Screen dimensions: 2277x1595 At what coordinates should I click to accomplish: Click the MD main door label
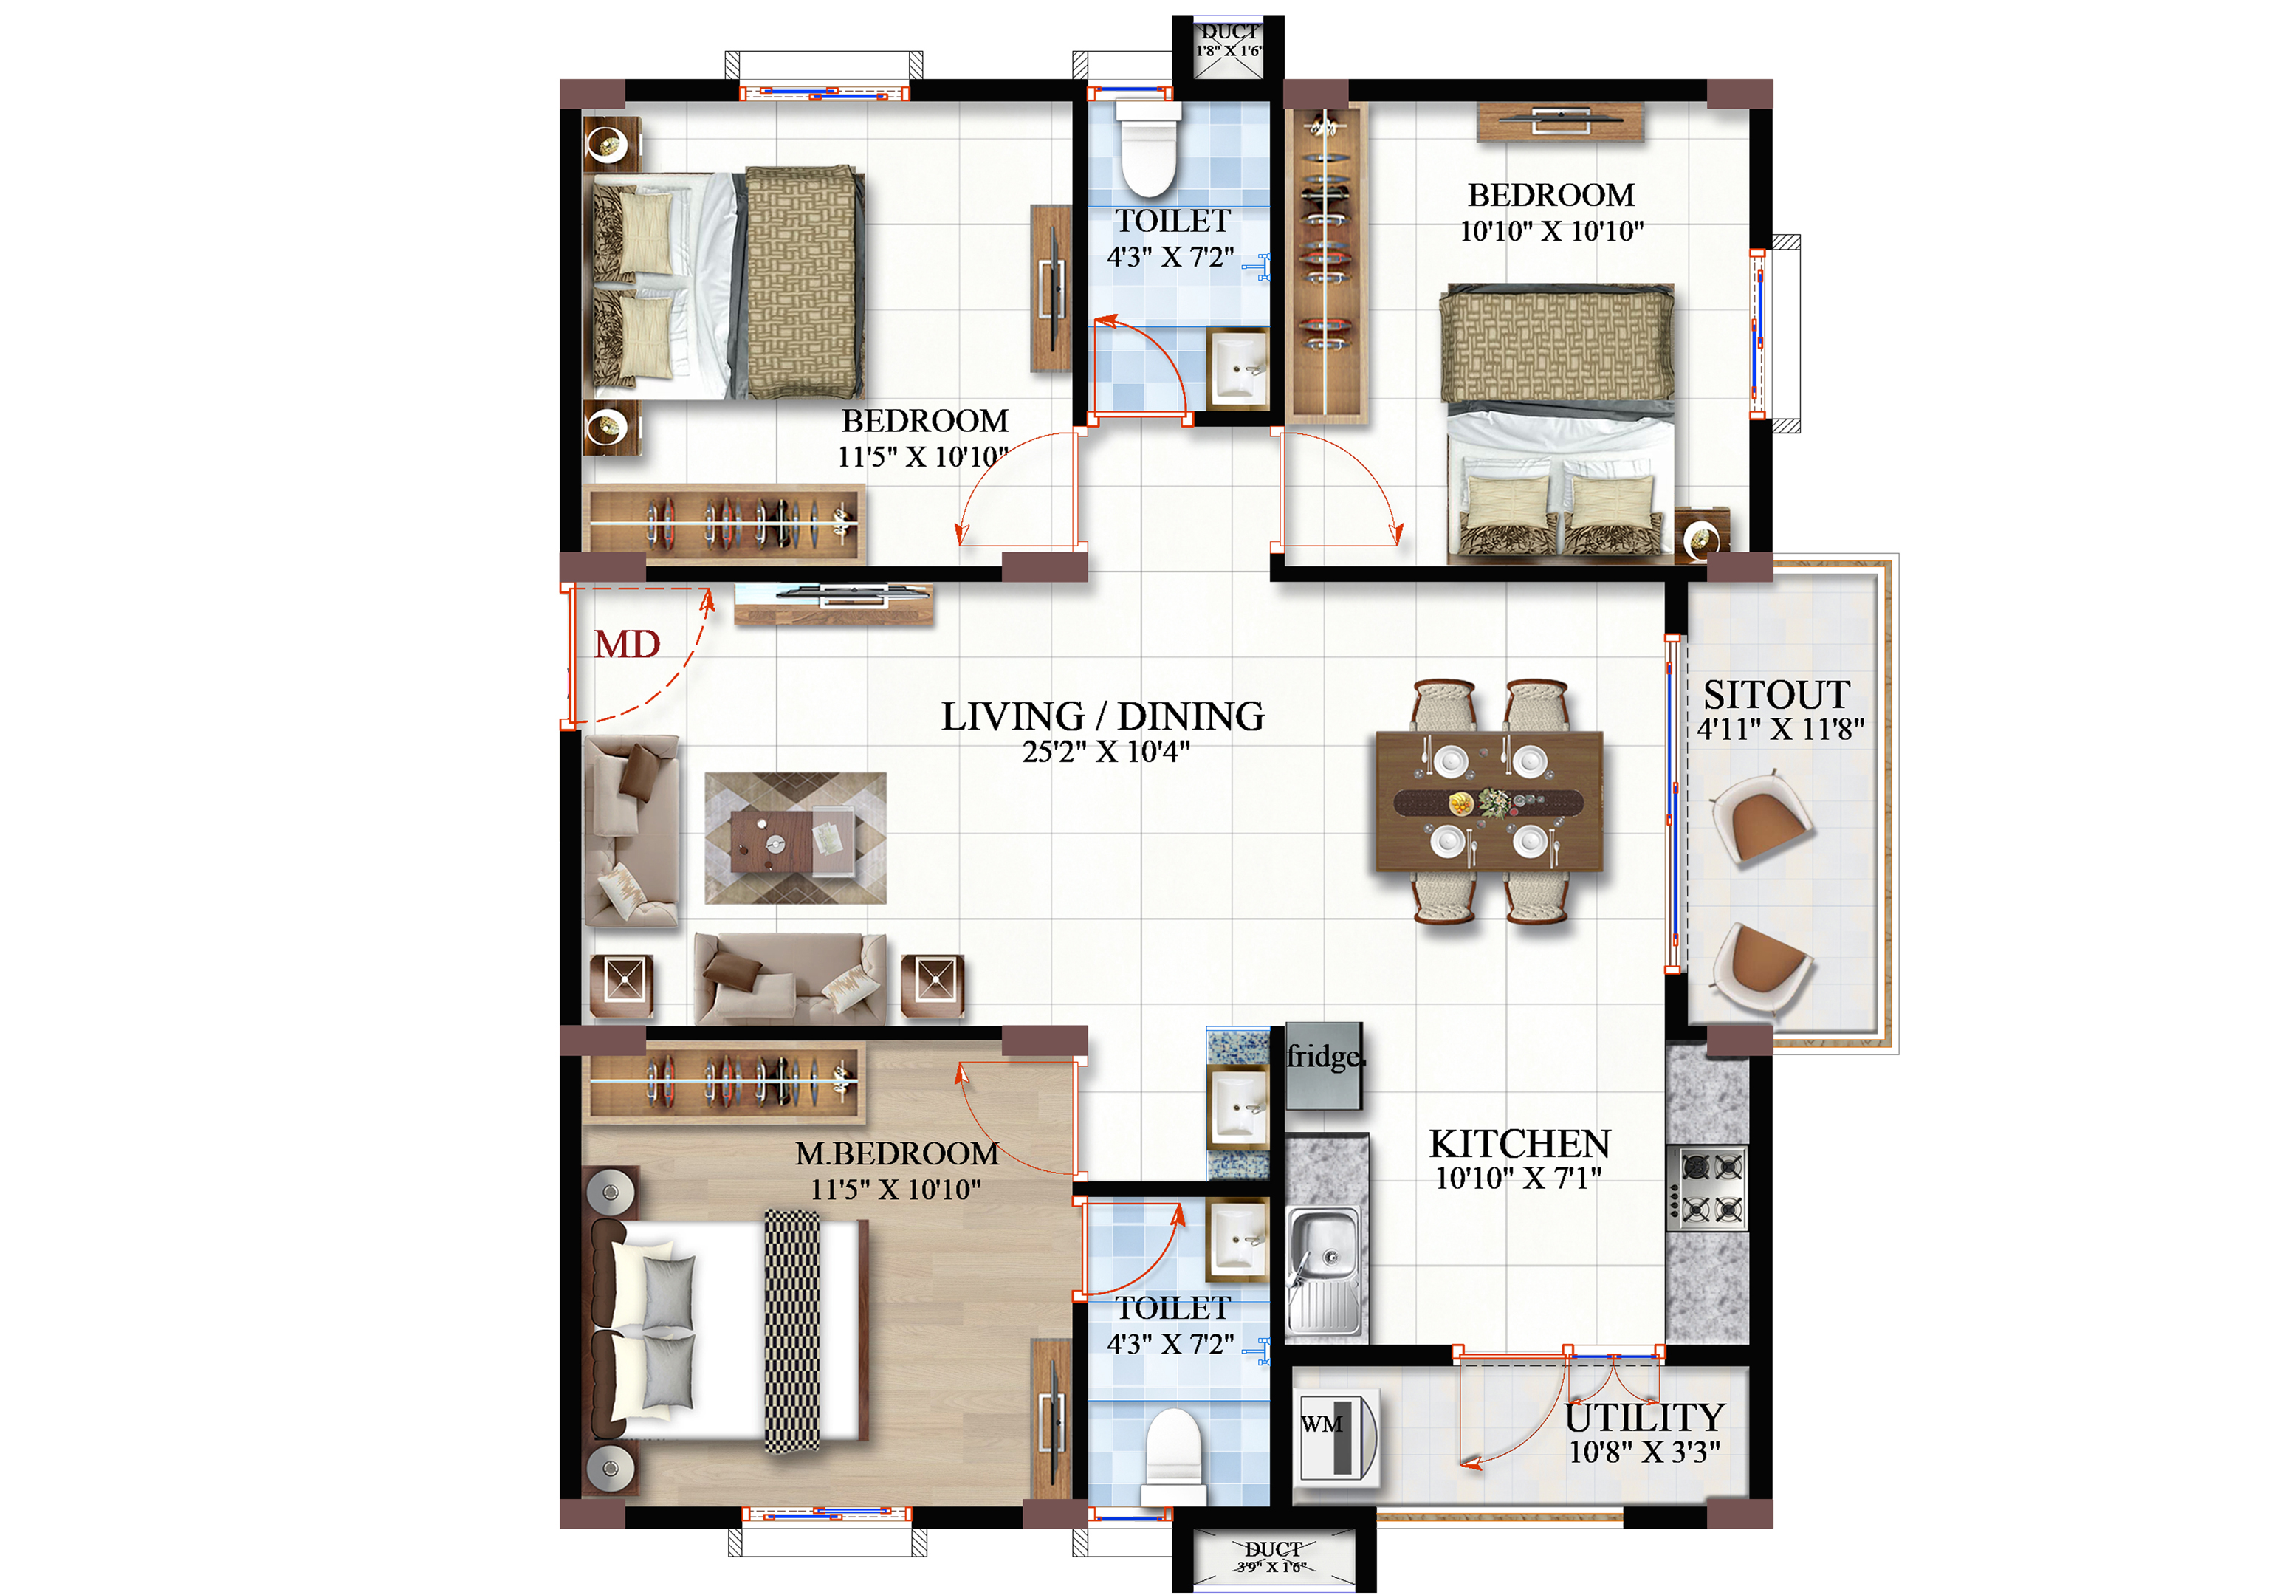click(627, 645)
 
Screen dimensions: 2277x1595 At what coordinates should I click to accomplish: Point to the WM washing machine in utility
click(1338, 1437)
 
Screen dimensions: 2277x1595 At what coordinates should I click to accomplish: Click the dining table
click(1488, 801)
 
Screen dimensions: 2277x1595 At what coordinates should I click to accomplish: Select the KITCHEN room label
click(1519, 1144)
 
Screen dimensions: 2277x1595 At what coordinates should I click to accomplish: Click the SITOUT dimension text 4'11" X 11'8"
click(1780, 729)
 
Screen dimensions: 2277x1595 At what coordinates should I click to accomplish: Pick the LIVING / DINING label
click(1103, 716)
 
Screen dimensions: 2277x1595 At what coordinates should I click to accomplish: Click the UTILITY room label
click(1644, 1418)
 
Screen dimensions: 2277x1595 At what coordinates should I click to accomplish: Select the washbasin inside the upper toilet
click(1237, 368)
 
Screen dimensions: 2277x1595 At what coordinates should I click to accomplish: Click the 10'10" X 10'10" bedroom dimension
click(1551, 231)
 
